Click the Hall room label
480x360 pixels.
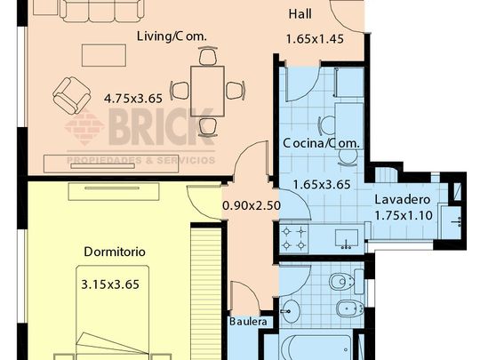coord(300,15)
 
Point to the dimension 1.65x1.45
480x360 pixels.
coord(313,39)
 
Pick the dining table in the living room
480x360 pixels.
coord(208,89)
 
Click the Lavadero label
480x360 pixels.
coord(402,199)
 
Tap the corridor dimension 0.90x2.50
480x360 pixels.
coord(252,205)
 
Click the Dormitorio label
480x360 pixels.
coord(115,252)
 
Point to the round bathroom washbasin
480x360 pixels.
coord(294,311)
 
